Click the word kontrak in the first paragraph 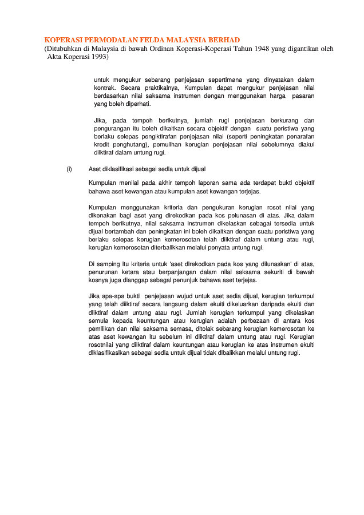coord(105,88)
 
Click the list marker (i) coord(69,169)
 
